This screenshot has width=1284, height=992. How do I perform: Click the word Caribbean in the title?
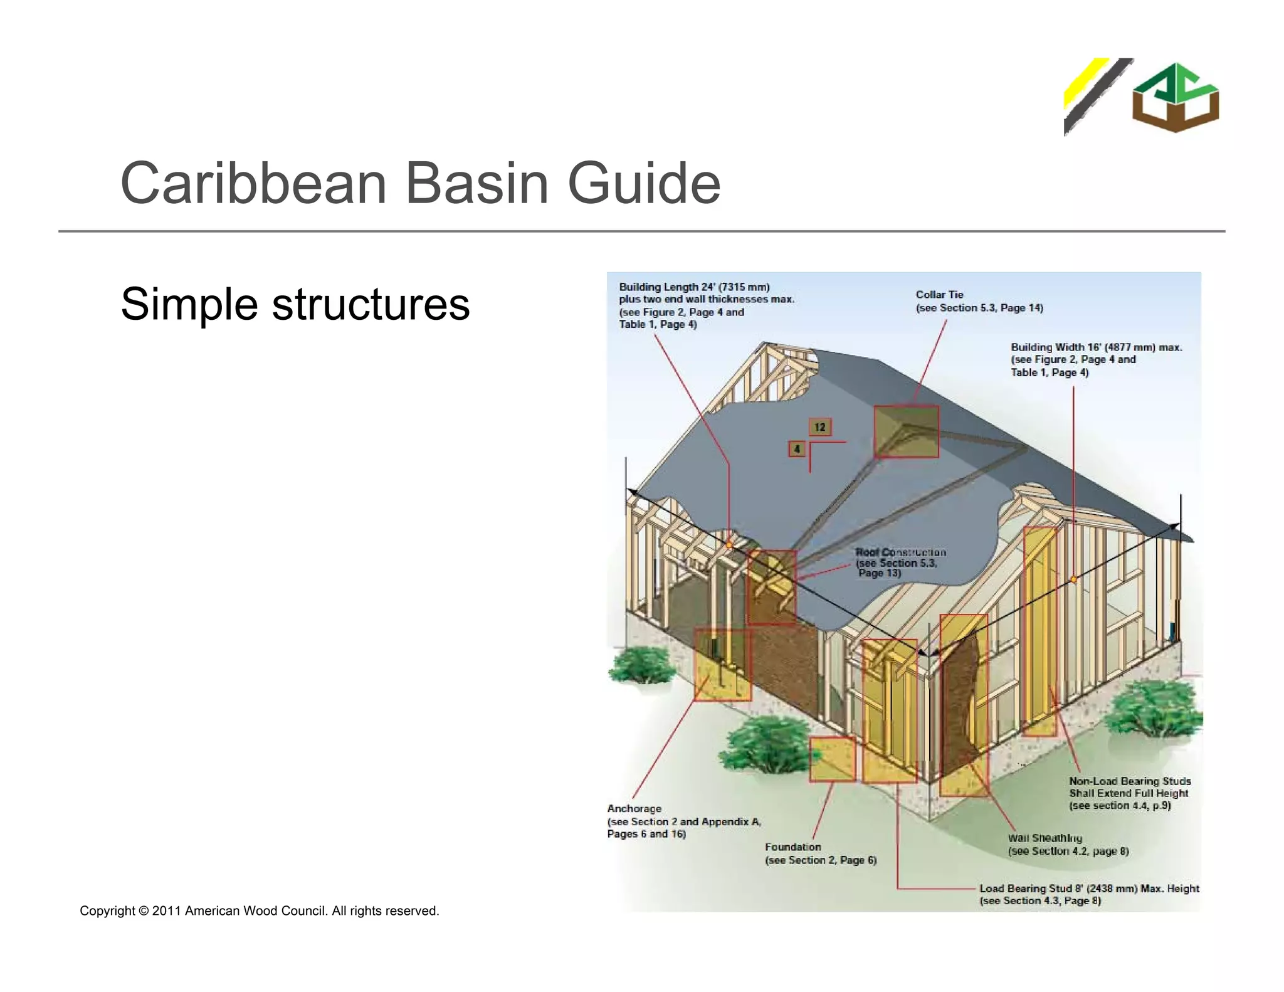point(253,183)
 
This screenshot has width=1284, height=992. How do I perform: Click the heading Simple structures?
point(295,304)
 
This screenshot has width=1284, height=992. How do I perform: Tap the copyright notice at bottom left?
point(259,910)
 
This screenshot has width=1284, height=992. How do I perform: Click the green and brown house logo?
point(1175,97)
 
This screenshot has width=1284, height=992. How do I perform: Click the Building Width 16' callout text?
point(1095,359)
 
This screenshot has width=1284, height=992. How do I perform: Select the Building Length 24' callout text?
point(705,305)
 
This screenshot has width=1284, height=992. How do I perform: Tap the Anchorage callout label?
point(683,821)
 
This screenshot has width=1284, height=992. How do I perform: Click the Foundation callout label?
point(819,853)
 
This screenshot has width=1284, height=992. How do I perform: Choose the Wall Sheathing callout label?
point(1067,844)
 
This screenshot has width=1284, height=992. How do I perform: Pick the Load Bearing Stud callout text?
point(1088,894)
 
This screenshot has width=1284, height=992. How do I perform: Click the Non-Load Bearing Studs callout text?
point(1129,793)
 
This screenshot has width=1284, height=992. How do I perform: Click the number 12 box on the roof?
point(819,427)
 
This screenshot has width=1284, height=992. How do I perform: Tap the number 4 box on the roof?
point(797,449)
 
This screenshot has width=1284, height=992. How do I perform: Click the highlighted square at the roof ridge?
point(906,431)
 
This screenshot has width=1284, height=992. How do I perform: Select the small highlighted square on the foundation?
point(832,759)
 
